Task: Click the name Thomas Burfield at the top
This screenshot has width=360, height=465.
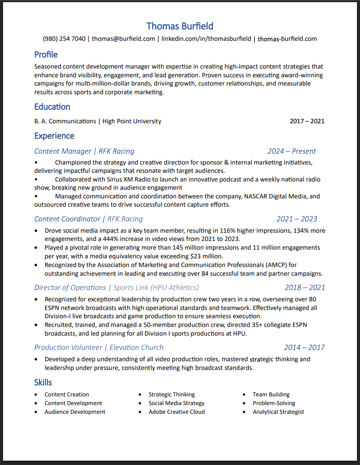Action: pyautogui.click(x=180, y=26)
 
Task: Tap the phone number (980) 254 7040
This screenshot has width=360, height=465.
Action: pyautogui.click(x=64, y=39)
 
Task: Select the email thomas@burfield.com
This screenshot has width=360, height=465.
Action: pyautogui.click(x=123, y=39)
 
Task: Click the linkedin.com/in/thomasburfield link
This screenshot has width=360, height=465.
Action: pyautogui.click(x=206, y=39)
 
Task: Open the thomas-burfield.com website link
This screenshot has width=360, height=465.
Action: pyautogui.click(x=287, y=39)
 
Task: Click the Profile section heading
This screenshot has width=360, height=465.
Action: pyautogui.click(x=46, y=55)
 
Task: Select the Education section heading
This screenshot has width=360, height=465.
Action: pyautogui.click(x=52, y=107)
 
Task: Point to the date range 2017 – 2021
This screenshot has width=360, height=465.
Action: pyautogui.click(x=307, y=121)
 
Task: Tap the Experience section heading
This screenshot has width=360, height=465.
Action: pyautogui.click(x=54, y=136)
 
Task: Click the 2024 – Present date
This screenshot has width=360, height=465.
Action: pyautogui.click(x=291, y=151)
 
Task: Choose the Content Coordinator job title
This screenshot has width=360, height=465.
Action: pyautogui.click(x=67, y=219)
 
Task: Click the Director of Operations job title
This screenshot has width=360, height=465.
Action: pyautogui.click(x=70, y=287)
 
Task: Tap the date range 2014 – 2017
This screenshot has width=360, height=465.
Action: pyautogui.click(x=304, y=347)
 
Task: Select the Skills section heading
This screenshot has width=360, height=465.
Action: pyautogui.click(x=43, y=383)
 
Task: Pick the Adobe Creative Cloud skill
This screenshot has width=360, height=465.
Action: pyautogui.click(x=177, y=412)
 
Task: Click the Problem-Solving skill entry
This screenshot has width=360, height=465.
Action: pyautogui.click(x=274, y=403)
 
